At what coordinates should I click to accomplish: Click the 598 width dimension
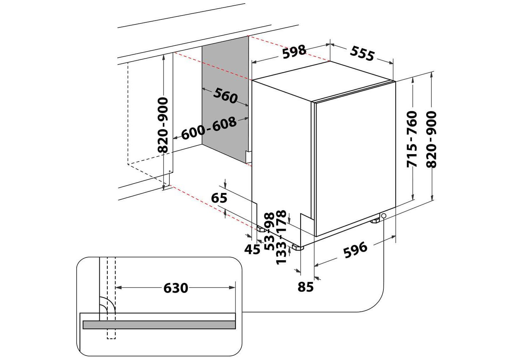294,52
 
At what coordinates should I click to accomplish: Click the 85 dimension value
306,287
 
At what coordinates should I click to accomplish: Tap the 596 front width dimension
356,250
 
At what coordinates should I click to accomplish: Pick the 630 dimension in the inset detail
176,288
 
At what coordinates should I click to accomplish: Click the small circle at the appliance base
384,216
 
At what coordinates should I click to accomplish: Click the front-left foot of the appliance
297,247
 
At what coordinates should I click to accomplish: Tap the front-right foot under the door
375,220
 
